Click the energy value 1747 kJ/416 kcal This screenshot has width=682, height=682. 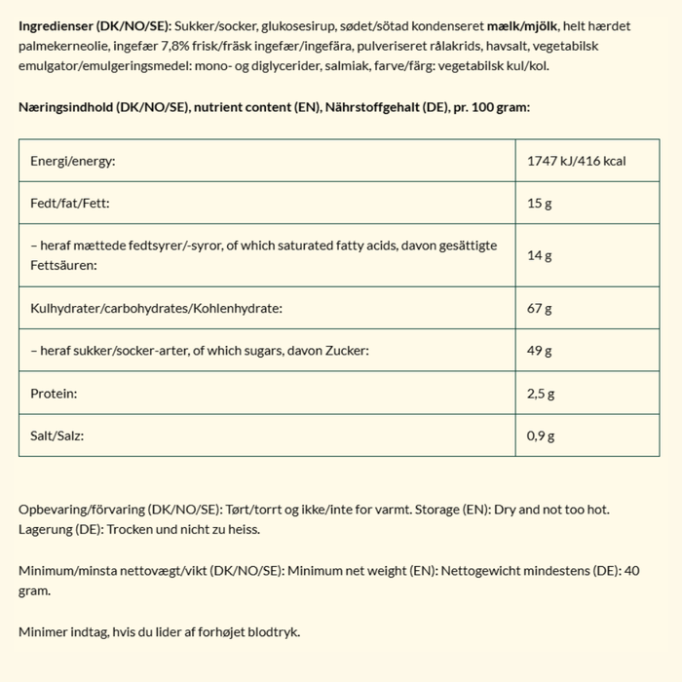click(x=576, y=161)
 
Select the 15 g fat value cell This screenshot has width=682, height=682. click(x=540, y=204)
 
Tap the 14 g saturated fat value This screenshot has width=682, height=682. click(x=540, y=255)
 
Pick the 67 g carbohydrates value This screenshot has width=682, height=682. click(x=540, y=309)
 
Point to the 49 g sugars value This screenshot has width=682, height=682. click(x=540, y=351)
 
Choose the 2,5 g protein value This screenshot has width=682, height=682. click(x=541, y=394)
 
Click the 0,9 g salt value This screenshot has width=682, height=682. click(x=541, y=436)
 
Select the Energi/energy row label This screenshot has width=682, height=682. click(x=73, y=161)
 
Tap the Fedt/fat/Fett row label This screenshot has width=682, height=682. click(x=70, y=204)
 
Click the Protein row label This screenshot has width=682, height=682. click(x=55, y=394)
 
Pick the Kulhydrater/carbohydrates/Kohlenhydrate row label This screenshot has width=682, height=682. click(x=156, y=309)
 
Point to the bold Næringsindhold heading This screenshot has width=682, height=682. click(x=67, y=107)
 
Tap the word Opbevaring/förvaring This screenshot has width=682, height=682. click(x=82, y=510)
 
